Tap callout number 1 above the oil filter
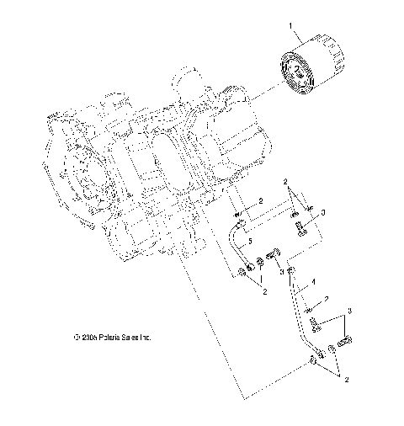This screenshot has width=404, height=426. pyautogui.click(x=292, y=27)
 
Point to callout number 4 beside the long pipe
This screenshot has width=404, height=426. pyautogui.click(x=313, y=281)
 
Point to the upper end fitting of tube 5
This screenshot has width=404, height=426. pyautogui.click(x=241, y=223)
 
